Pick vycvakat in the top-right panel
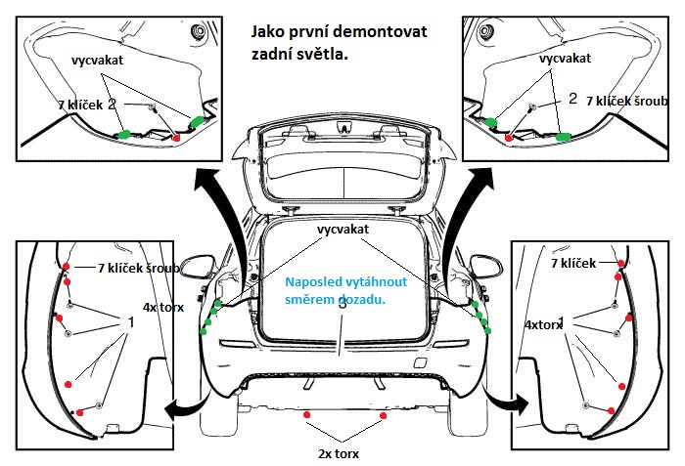(x=568, y=58)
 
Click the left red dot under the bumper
(x=307, y=415)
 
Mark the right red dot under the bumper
(x=382, y=415)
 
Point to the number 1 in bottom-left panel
(x=130, y=320)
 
